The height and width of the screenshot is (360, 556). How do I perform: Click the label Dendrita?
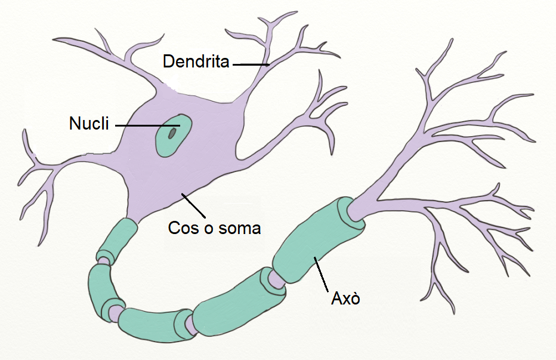click(x=196, y=61)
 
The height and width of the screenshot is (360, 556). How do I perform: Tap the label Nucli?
click(x=89, y=124)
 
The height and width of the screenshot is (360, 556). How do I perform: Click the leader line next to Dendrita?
click(x=251, y=64)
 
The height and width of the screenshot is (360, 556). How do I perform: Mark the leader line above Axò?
click(x=322, y=275)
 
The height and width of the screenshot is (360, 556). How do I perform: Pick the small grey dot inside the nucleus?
click(x=172, y=133)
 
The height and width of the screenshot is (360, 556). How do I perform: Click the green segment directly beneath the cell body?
click(x=118, y=239)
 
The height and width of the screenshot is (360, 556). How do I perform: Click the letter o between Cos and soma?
click(x=204, y=228)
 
